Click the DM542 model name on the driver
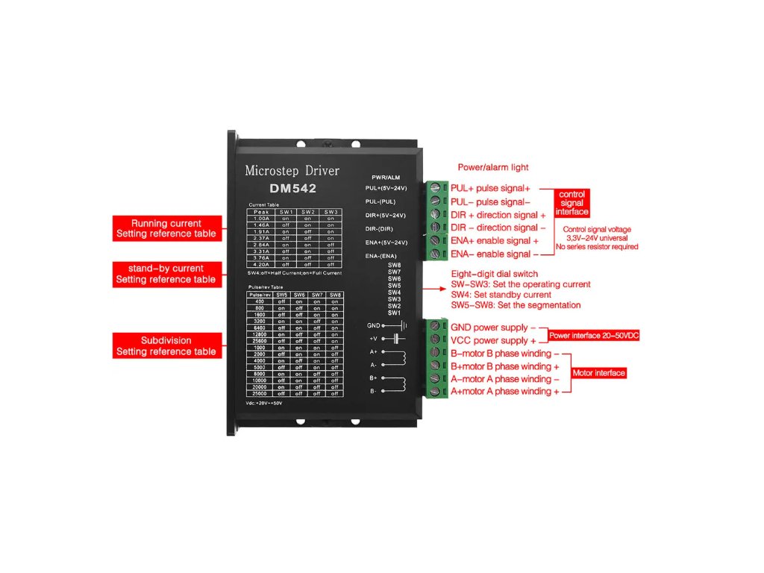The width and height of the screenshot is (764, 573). point(292,189)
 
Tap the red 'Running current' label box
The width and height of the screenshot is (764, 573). point(166,228)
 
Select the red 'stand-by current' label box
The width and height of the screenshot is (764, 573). point(166,274)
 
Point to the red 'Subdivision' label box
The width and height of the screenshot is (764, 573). point(166,345)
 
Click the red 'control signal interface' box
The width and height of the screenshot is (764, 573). point(572,203)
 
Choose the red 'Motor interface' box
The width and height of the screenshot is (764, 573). point(598,373)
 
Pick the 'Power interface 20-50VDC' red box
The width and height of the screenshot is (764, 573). point(594,336)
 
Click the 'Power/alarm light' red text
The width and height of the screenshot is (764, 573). point(493,167)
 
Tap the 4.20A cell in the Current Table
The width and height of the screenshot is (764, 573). point(260,264)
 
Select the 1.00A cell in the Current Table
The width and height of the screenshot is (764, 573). point(260,218)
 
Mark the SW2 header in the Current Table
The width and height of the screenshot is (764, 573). point(308,212)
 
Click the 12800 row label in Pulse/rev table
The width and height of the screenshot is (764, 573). point(259,334)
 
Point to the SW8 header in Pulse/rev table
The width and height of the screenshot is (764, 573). point(335,295)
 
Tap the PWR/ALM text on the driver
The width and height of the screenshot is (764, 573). point(386,177)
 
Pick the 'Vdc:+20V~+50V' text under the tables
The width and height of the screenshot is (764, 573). point(264,402)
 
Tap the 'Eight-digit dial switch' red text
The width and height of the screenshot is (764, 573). point(494,274)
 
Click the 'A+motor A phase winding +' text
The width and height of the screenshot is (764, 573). point(504,391)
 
